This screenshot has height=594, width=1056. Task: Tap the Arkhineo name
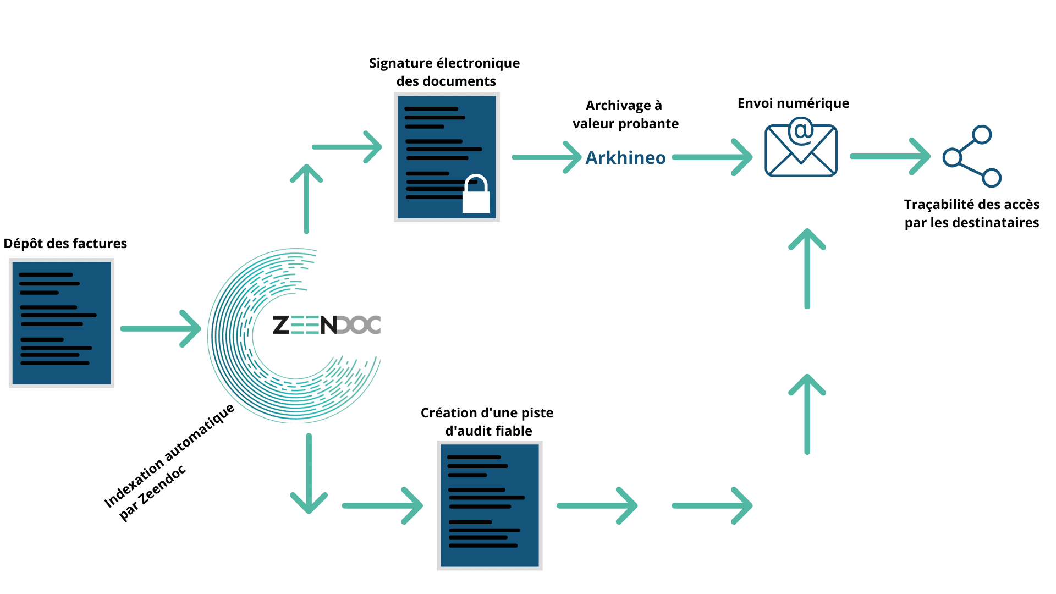tap(625, 158)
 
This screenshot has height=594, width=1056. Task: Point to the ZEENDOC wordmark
tap(327, 325)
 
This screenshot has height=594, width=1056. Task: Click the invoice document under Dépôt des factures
tap(62, 323)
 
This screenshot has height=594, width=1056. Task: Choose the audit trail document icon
tap(490, 505)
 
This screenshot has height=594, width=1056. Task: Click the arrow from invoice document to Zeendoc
tap(161, 328)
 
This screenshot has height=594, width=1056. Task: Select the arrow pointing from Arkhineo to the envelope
tap(713, 157)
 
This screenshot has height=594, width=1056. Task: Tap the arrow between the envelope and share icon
tap(890, 156)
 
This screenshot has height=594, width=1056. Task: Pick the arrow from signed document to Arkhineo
tap(546, 157)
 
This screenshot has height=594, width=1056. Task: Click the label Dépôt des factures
tap(65, 244)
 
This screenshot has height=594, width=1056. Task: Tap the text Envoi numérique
tap(793, 103)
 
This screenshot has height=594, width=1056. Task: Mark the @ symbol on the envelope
tap(801, 131)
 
